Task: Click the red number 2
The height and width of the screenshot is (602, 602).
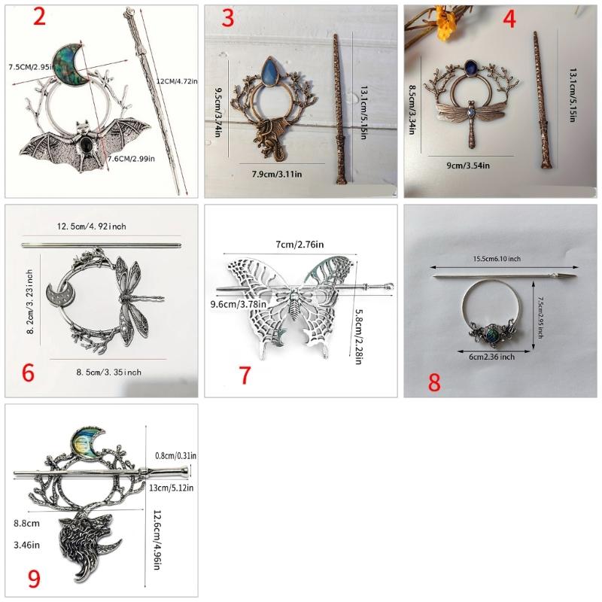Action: pyautogui.click(x=38, y=17)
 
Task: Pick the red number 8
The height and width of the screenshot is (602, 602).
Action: pyautogui.click(x=434, y=381)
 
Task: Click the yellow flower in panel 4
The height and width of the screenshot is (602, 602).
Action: pyautogui.click(x=445, y=26)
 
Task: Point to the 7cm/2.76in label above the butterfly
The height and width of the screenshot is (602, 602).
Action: pyautogui.click(x=299, y=245)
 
